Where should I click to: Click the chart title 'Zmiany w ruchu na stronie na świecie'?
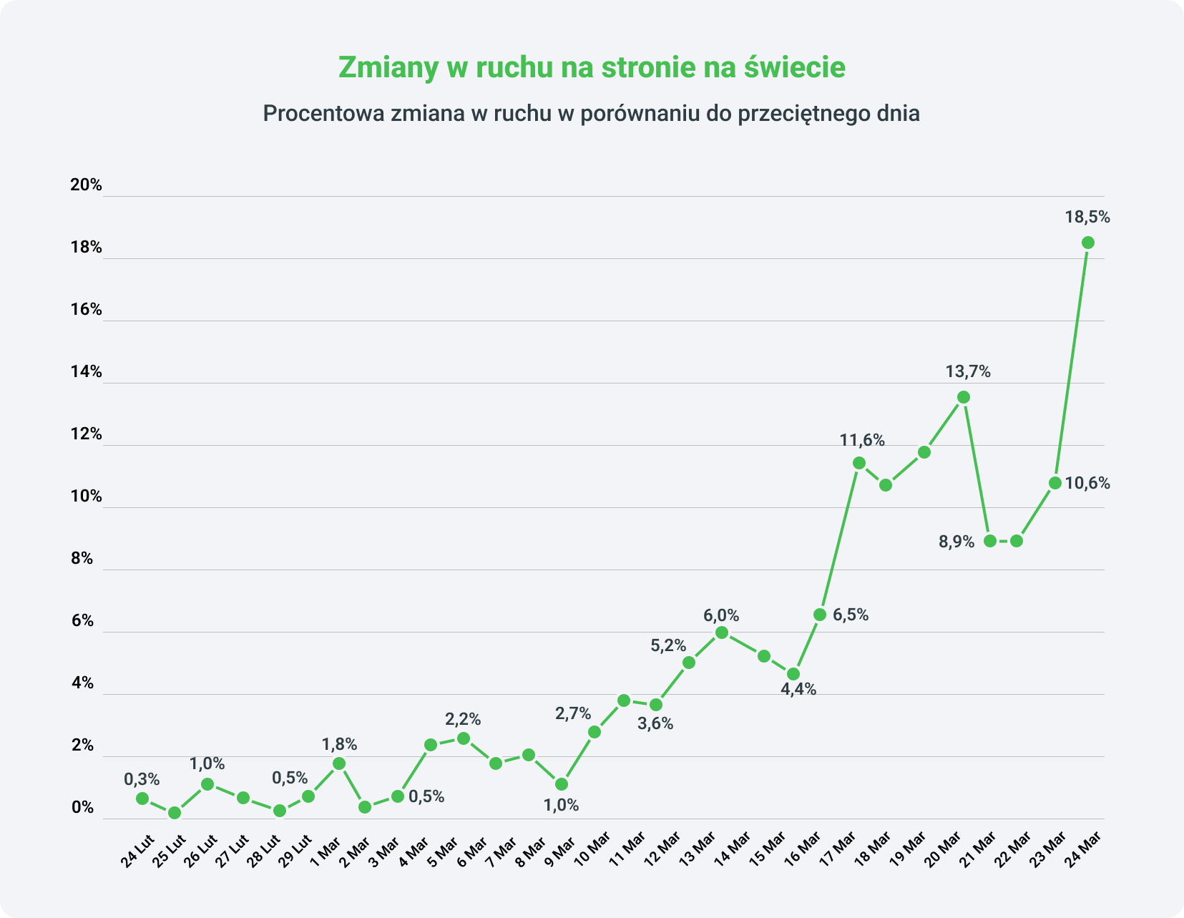point(592,67)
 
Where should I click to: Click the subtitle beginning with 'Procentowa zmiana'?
point(591,114)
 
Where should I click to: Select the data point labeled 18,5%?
point(1087,243)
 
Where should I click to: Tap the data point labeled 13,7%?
point(964,397)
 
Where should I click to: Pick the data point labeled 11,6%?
point(859,463)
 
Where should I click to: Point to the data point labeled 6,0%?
point(722,633)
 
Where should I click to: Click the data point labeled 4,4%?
point(793,674)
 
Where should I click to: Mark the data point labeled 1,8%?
point(339,763)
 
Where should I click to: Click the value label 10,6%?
point(1087,484)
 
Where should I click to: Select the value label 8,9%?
point(957,542)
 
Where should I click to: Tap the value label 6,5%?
point(851,615)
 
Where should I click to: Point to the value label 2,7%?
point(573,713)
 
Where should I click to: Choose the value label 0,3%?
point(142,779)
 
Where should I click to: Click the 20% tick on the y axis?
point(87,185)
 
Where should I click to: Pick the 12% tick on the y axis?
point(87,434)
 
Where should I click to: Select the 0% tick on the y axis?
point(83,808)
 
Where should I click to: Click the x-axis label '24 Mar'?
point(1082,850)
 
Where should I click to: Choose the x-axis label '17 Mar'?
point(837,849)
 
